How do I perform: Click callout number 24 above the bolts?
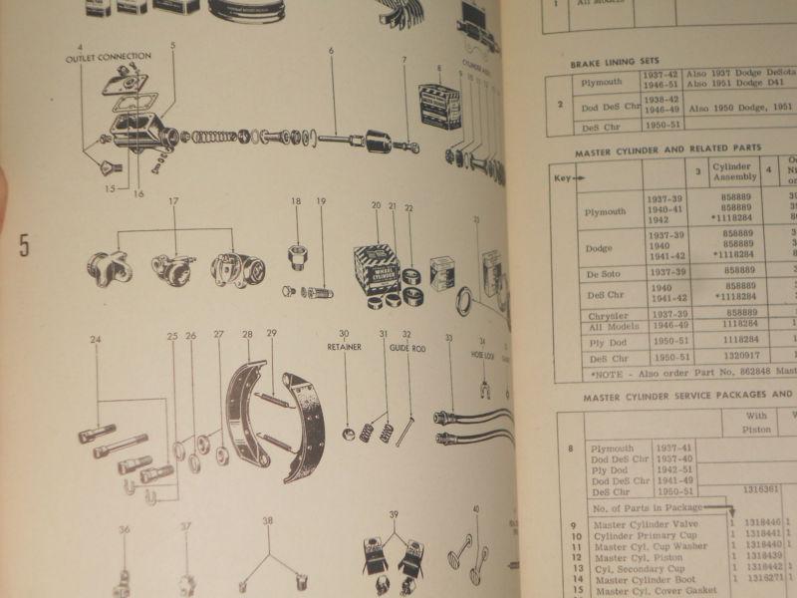(96, 339)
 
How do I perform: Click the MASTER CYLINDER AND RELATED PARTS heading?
(667, 148)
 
